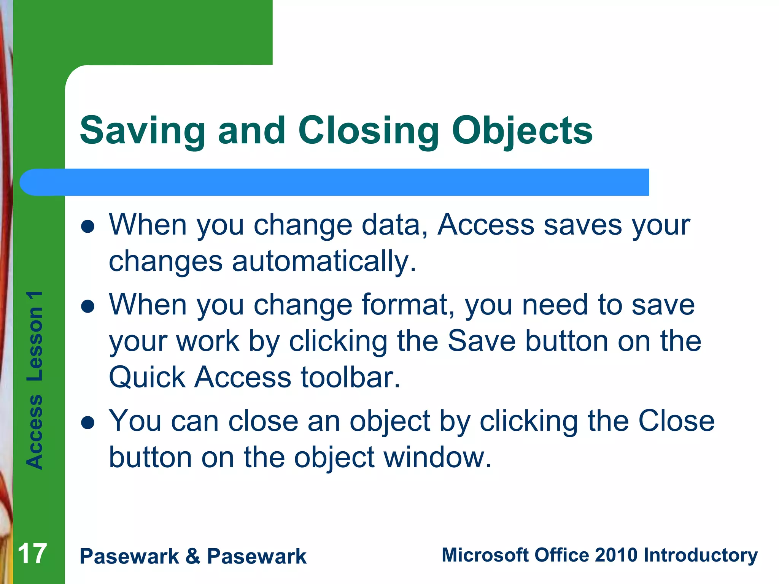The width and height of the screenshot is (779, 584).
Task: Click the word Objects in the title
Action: pyautogui.click(x=522, y=131)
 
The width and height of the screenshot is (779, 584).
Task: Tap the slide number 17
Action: pyautogui.click(x=32, y=554)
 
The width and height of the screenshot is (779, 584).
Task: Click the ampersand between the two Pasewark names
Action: pyautogui.click(x=193, y=556)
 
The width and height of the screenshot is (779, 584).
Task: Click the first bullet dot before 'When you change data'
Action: pyautogui.click(x=88, y=227)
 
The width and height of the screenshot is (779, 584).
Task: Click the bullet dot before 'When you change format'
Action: pyautogui.click(x=88, y=306)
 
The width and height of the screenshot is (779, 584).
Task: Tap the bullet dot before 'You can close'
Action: pyautogui.click(x=88, y=423)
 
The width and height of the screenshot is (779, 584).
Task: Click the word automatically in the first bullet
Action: pyautogui.click(x=324, y=262)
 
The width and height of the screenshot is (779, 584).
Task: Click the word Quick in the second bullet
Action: pyautogui.click(x=147, y=377)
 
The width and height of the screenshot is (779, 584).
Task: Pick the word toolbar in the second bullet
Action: pyautogui.click(x=350, y=377)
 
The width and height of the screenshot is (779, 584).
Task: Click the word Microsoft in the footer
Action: pyautogui.click(x=485, y=555)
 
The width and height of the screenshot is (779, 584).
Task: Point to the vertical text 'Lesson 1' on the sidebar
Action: pyautogui.click(x=35, y=336)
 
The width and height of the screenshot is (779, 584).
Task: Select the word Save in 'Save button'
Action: pyautogui.click(x=481, y=341)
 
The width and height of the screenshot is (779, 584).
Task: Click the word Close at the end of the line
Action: pyautogui.click(x=676, y=421)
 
